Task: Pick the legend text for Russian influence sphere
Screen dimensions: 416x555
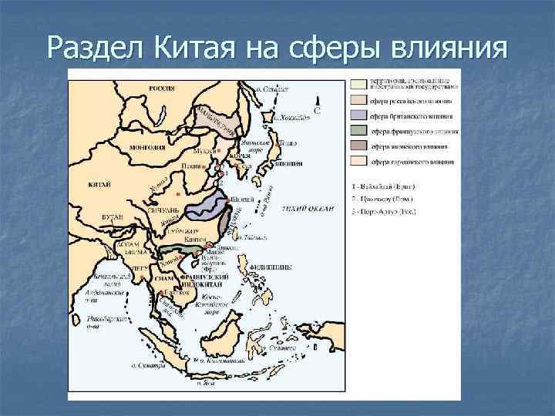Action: (x=411, y=101)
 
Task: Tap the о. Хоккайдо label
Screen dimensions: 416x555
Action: (x=295, y=116)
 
